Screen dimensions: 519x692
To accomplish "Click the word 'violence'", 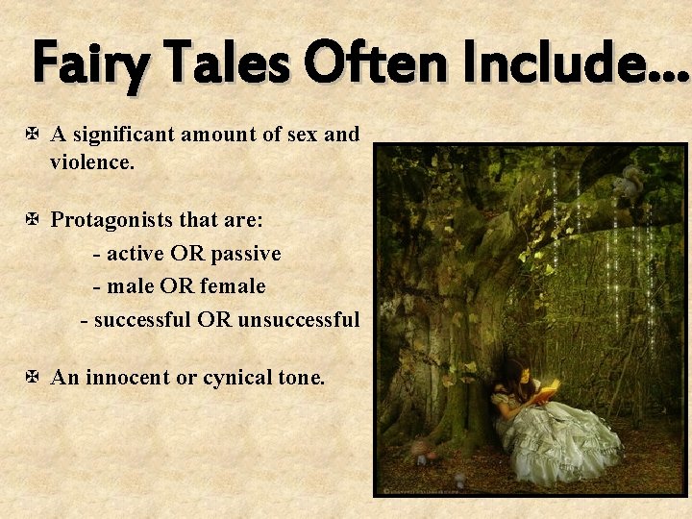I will [91, 162].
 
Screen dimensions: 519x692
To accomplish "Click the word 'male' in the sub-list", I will [132, 286].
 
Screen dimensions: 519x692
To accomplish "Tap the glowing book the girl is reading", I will [548, 390].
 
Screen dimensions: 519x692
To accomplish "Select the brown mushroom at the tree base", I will [420, 448].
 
